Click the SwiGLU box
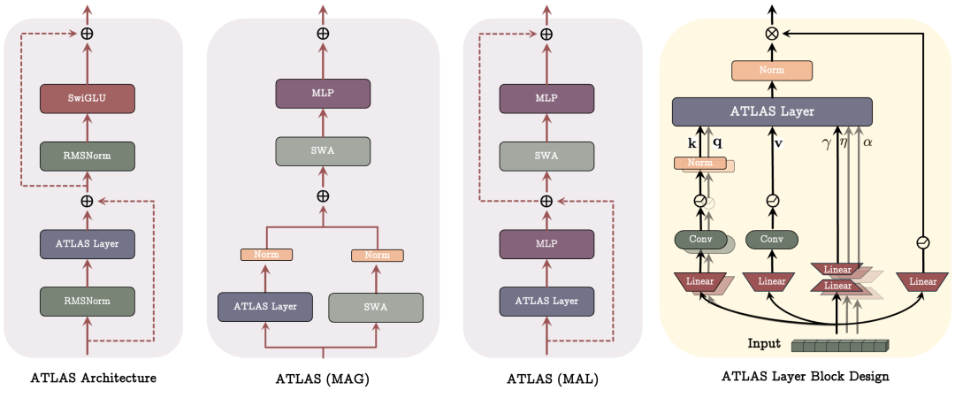tap(87, 99)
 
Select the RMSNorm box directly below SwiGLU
tap(87, 156)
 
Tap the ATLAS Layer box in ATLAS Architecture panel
tap(87, 243)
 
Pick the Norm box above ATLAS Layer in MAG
tap(266, 255)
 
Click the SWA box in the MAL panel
tap(546, 156)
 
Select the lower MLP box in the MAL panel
tap(546, 243)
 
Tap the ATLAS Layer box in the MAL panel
tap(546, 300)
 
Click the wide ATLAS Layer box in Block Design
tap(772, 111)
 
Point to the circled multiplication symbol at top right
tap(772, 33)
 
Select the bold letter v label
tap(778, 142)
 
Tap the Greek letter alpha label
tap(868, 142)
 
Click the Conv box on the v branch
tap(772, 240)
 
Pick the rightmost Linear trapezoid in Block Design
tap(922, 281)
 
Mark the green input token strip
tap(840, 345)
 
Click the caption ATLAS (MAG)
tap(323, 379)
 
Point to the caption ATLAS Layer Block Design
tap(805, 377)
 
